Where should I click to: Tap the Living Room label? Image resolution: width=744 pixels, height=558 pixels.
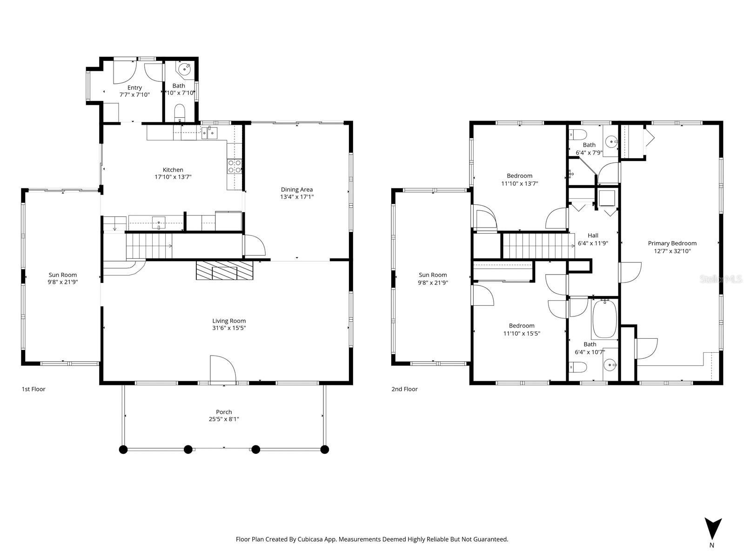coord(229,321)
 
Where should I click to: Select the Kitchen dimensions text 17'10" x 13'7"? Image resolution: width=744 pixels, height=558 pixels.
coord(173,177)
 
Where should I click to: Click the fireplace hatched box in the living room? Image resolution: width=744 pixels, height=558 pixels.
coord(225,270)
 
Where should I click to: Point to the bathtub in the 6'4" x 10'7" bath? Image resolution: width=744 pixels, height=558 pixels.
coord(604,319)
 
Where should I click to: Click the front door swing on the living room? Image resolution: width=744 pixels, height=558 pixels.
coord(222,370)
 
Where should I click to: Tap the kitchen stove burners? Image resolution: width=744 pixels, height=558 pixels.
coord(235,167)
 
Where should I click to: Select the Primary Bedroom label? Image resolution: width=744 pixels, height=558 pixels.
coord(672,243)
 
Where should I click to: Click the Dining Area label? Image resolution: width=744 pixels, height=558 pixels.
coord(297,189)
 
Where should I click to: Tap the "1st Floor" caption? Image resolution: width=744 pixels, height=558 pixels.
coord(34,389)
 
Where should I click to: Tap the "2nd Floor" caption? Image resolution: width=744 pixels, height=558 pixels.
coord(404,389)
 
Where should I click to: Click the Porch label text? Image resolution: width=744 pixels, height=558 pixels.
coord(224,412)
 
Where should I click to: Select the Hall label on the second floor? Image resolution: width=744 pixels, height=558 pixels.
coord(593,235)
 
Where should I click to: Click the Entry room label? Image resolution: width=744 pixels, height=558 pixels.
coord(134,87)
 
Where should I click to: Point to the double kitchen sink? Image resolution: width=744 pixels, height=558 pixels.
coord(209,133)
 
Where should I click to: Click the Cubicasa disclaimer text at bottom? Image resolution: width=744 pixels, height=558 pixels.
coord(372,539)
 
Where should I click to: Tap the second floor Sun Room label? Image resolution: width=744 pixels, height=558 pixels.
coord(433,275)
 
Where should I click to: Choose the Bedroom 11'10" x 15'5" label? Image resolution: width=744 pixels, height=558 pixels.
coord(522,326)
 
